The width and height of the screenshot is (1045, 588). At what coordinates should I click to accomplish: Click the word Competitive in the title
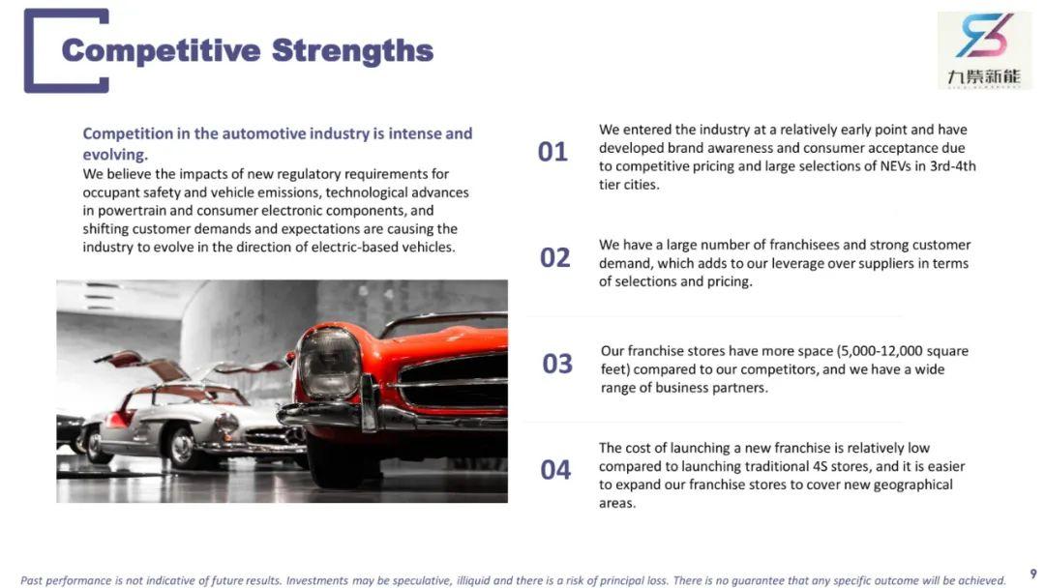tap(161, 50)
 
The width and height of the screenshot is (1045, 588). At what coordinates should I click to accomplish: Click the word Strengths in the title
tap(352, 50)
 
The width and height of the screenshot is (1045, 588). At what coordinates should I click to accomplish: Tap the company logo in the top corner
tap(984, 50)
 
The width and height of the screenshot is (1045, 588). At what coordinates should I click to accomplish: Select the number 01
tap(552, 152)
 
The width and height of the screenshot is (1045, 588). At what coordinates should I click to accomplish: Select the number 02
tap(555, 257)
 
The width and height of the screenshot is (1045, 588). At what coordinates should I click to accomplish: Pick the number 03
tap(557, 364)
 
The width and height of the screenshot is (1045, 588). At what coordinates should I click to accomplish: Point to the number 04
tap(555, 470)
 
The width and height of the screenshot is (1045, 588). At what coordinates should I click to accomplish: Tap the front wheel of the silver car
tap(181, 447)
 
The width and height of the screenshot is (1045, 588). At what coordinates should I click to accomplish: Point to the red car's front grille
tap(456, 381)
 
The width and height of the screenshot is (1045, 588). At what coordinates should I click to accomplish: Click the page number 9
tap(1033, 574)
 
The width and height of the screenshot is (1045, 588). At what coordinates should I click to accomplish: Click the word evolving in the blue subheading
tap(113, 155)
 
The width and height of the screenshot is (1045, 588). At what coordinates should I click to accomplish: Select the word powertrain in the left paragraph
tap(132, 211)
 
